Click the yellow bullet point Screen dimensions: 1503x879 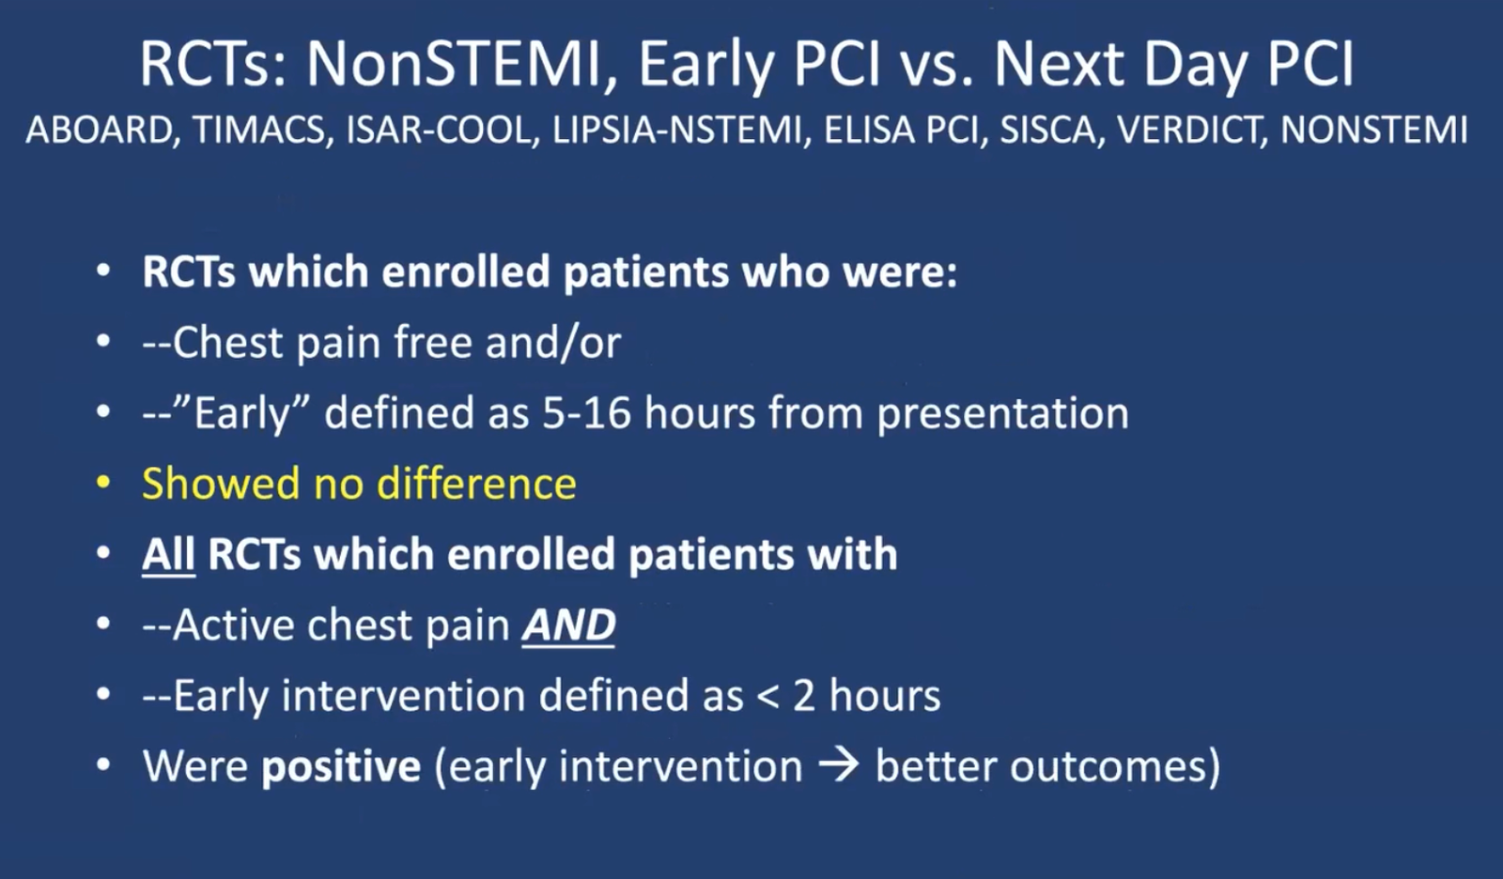point(102,483)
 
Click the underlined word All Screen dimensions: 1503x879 point(168,554)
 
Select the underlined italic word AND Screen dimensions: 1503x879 point(568,625)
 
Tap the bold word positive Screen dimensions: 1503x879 point(341,766)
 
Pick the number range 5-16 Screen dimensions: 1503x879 point(587,412)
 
